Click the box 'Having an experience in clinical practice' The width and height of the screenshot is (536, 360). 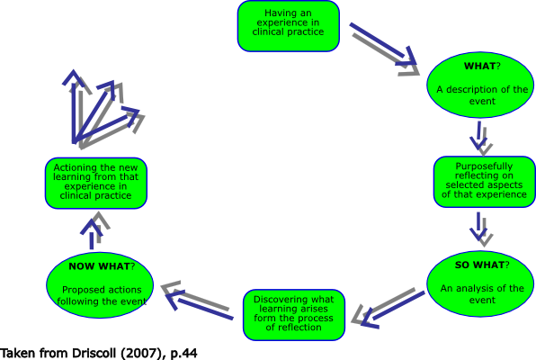click(289, 25)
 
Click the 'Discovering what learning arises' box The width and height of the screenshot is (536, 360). click(294, 314)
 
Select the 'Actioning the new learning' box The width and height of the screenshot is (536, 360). click(95, 183)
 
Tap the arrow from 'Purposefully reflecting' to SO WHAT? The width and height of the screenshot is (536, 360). click(481, 228)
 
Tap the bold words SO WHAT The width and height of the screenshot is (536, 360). click(478, 265)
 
